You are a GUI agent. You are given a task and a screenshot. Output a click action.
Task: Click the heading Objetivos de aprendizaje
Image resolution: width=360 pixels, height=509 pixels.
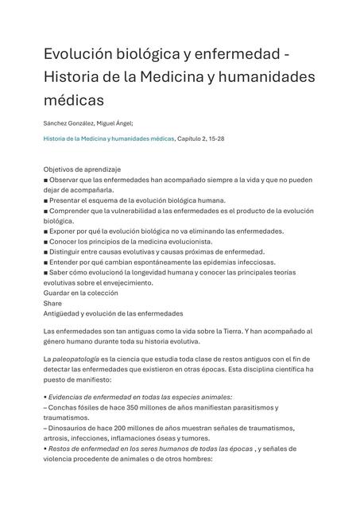(82, 170)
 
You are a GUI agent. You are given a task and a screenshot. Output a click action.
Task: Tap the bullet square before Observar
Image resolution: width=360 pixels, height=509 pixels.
(46, 181)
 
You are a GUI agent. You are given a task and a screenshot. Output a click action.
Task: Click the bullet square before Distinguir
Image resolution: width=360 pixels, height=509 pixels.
(46, 252)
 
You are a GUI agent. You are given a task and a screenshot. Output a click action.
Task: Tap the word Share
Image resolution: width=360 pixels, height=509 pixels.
(52, 303)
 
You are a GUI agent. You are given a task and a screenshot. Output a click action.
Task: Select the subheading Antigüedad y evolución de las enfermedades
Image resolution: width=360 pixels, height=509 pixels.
(113, 313)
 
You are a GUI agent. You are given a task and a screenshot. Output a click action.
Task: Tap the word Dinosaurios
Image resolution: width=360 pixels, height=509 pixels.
(72, 428)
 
